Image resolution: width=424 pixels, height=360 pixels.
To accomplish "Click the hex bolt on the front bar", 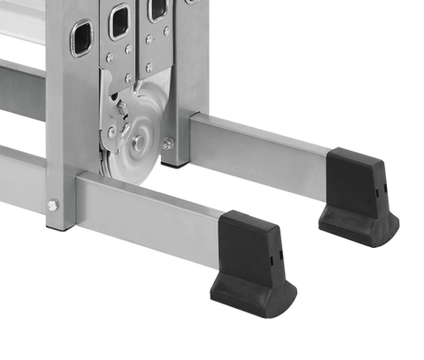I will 53,205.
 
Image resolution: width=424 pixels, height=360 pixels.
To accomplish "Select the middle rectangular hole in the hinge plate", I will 118,21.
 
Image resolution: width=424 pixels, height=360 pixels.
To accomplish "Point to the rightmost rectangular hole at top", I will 158,9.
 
